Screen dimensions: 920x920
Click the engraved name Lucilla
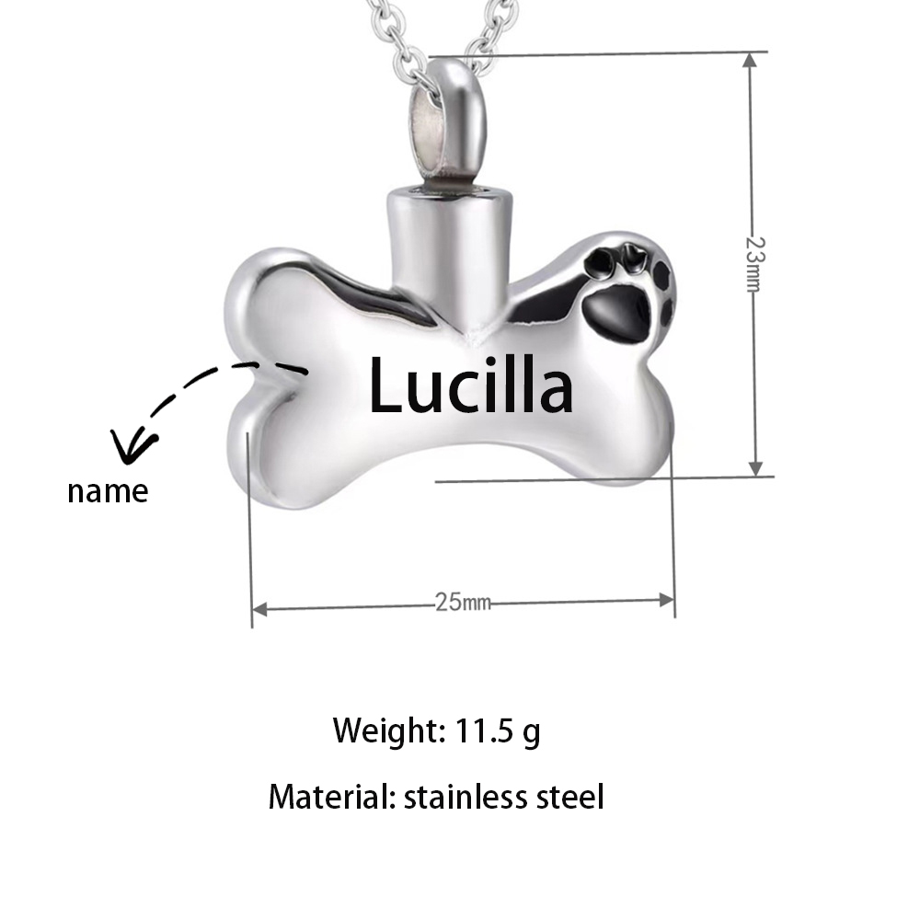click(x=470, y=385)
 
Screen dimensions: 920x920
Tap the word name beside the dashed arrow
click(x=108, y=491)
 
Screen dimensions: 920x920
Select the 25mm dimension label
click(x=463, y=602)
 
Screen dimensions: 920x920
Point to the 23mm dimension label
click(x=755, y=264)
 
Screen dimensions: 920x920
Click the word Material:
click(x=332, y=798)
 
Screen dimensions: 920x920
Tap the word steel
click(x=570, y=798)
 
